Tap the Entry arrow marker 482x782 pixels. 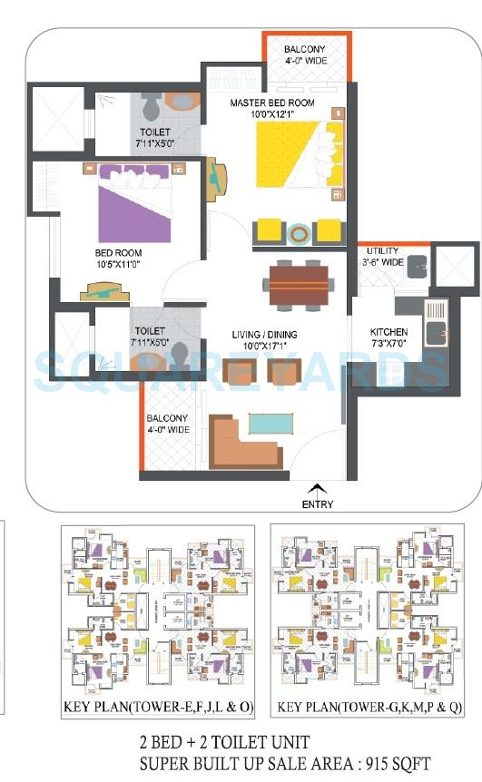[x=316, y=487]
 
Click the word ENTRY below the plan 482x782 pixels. [x=318, y=504]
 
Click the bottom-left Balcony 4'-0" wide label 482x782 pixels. [x=167, y=424]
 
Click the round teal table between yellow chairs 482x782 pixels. [x=297, y=232]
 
